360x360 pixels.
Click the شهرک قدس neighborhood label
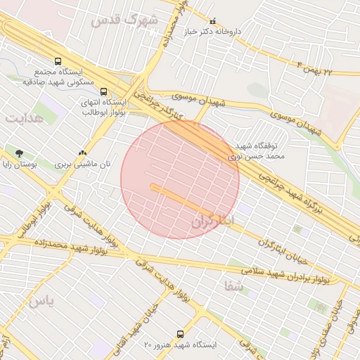123,20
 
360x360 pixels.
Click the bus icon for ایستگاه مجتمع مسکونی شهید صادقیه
57,61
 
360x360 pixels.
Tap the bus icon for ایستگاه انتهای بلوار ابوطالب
104,91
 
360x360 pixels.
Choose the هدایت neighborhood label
25,117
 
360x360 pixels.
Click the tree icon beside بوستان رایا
19,153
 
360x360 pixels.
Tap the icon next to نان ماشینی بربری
83,153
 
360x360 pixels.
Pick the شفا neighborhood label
233,285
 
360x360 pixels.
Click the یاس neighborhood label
41,301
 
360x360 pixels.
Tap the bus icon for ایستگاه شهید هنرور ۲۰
180,334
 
